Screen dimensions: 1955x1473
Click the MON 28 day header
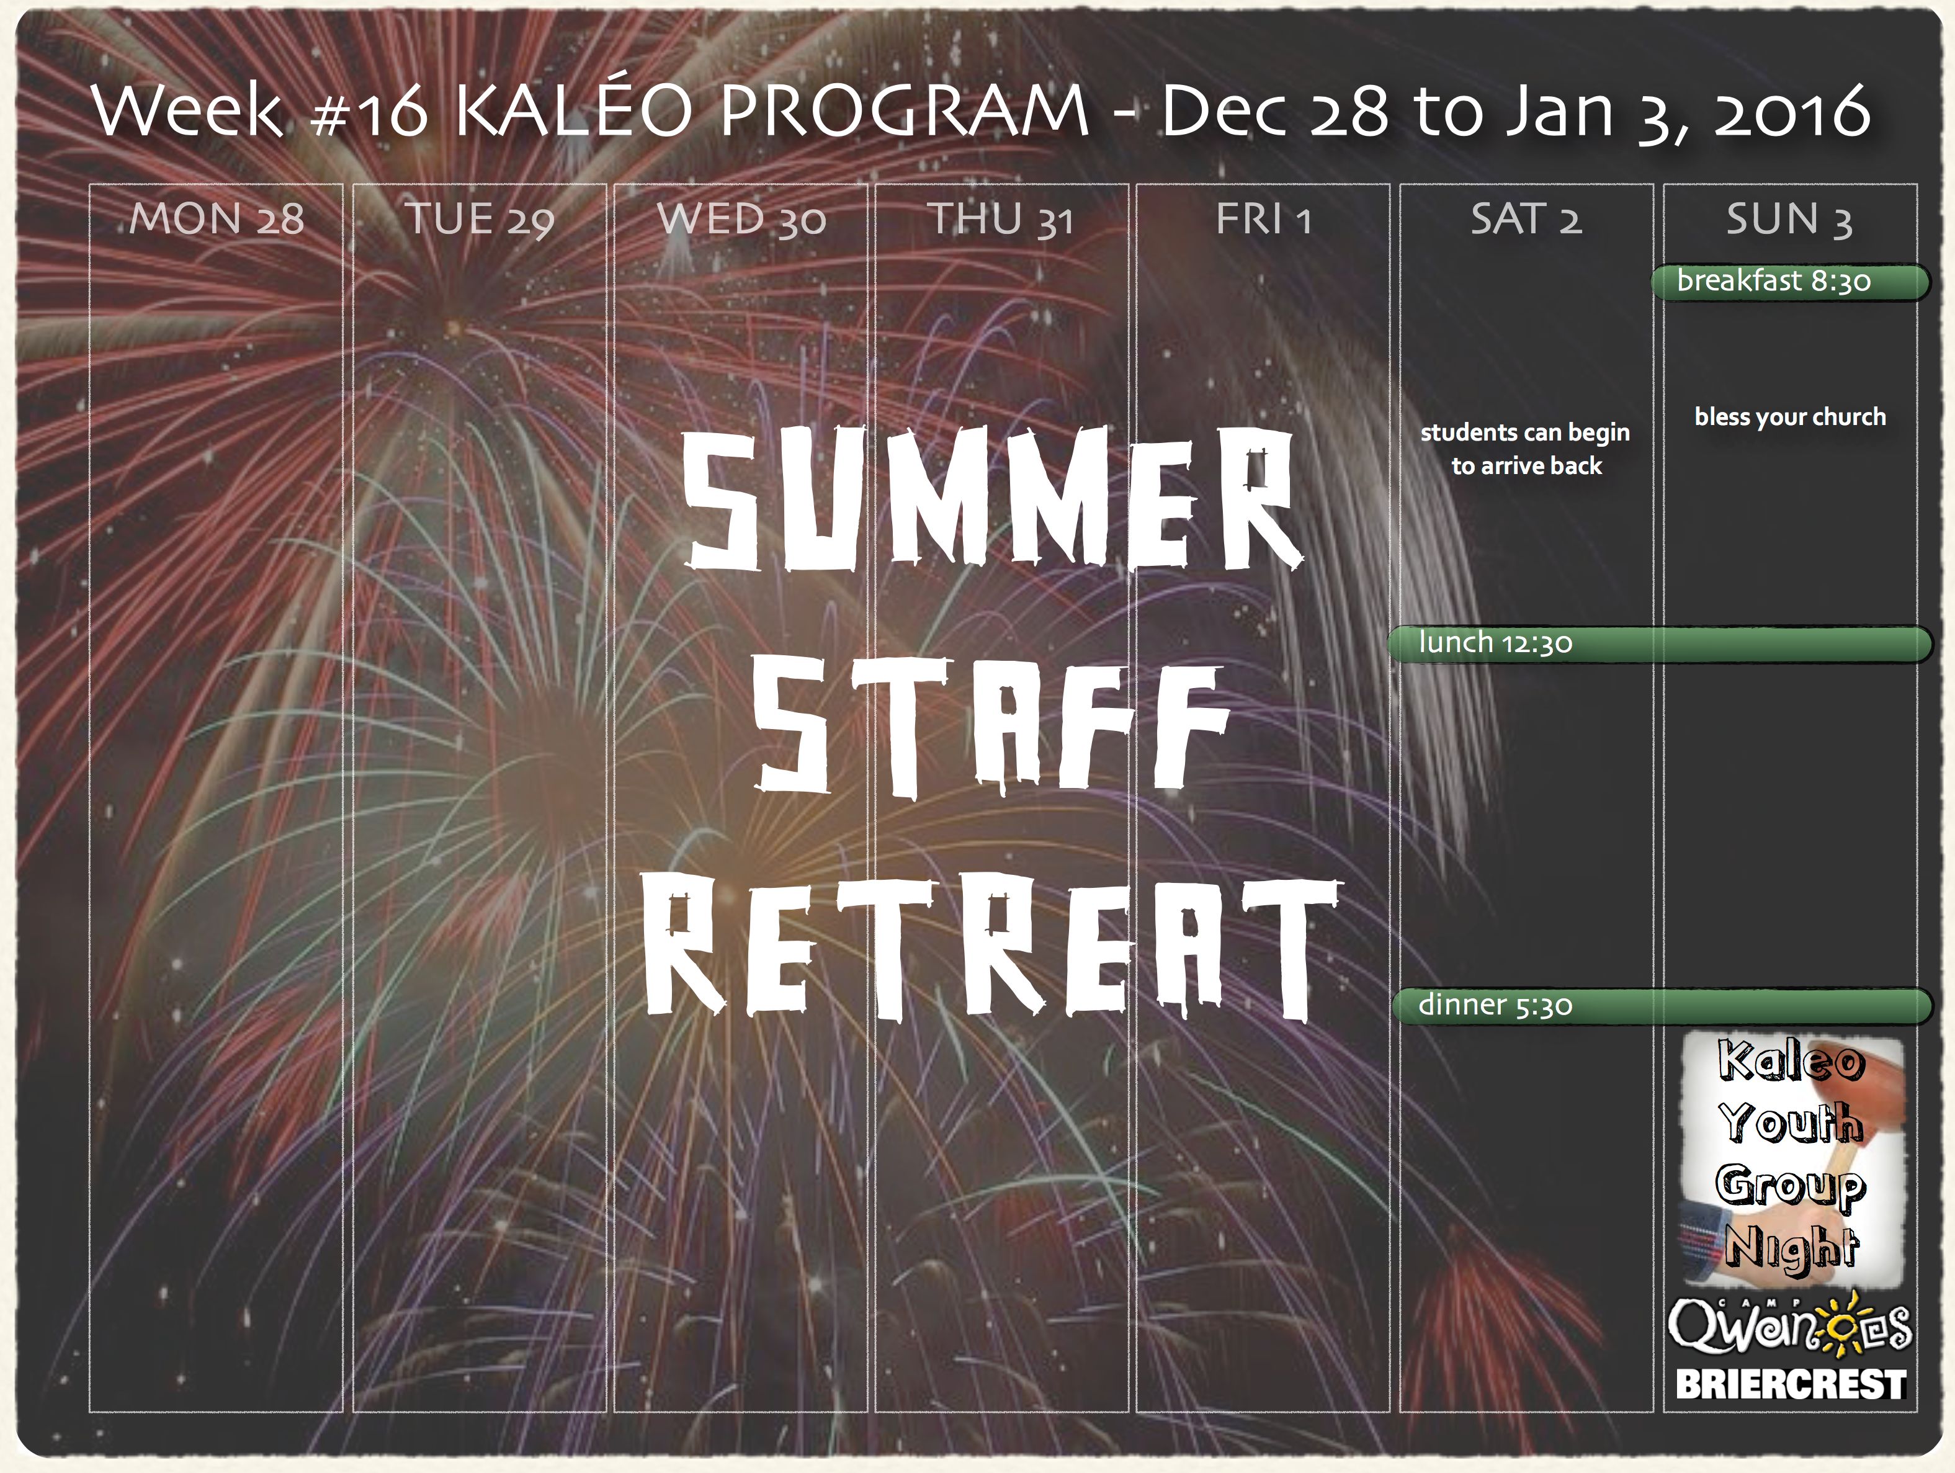tap(217, 218)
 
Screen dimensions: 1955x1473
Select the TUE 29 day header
tap(480, 219)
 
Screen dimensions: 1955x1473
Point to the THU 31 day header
tap(1001, 219)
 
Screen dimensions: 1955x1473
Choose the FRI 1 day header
tap(1263, 218)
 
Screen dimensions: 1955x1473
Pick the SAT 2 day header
tap(1526, 218)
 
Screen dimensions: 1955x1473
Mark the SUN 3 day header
tap(1790, 219)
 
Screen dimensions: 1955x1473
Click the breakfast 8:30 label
tap(1774, 281)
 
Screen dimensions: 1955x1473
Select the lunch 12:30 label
tap(1495, 642)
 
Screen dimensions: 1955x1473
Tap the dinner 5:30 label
tap(1495, 1005)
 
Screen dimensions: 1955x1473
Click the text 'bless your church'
tap(1790, 417)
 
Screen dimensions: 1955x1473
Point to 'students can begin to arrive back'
tap(1526, 449)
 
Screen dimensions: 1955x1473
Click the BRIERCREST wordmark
tap(1791, 1384)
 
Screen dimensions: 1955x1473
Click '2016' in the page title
tap(1791, 110)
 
